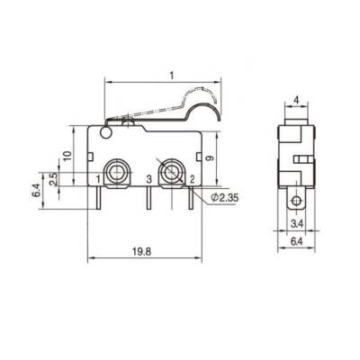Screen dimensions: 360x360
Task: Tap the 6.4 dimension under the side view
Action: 294,242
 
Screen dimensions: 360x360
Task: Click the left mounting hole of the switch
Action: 116,171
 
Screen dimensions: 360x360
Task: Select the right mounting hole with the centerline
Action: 170,171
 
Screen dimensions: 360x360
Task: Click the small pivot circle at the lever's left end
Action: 106,135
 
